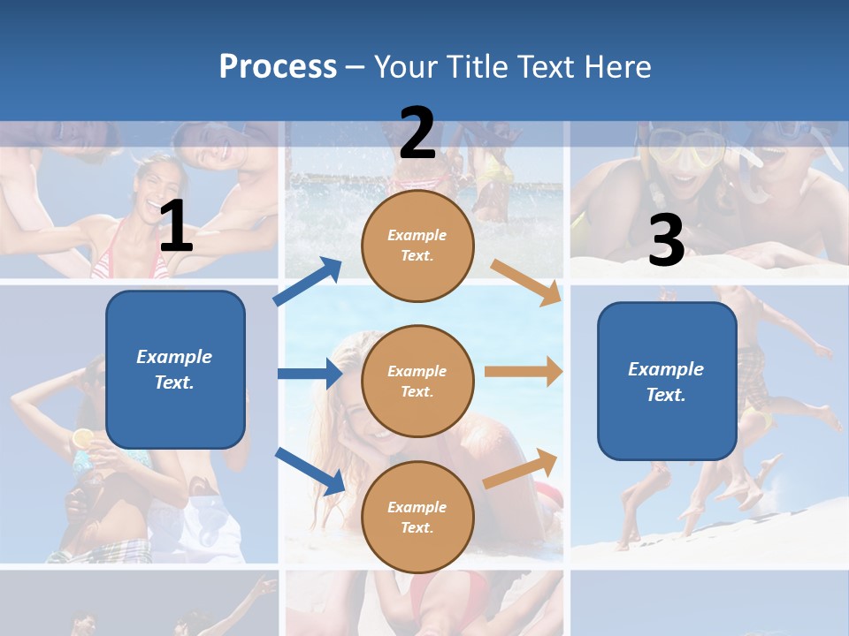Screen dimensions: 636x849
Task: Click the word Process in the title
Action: (278, 66)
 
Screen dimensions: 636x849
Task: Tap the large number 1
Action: (176, 227)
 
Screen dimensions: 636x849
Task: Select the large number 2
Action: (417, 133)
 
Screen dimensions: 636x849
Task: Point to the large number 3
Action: (666, 241)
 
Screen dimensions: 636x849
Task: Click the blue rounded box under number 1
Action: (175, 369)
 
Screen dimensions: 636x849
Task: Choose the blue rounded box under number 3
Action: (667, 381)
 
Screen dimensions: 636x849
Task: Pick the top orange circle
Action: (417, 246)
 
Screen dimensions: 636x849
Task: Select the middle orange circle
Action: (417, 381)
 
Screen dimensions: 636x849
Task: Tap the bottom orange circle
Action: (417, 517)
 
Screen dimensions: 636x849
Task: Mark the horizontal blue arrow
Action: (310, 374)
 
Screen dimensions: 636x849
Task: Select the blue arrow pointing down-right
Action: (310, 471)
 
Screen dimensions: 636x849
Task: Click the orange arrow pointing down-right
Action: (526, 282)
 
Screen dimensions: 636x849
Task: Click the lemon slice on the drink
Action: (82, 437)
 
